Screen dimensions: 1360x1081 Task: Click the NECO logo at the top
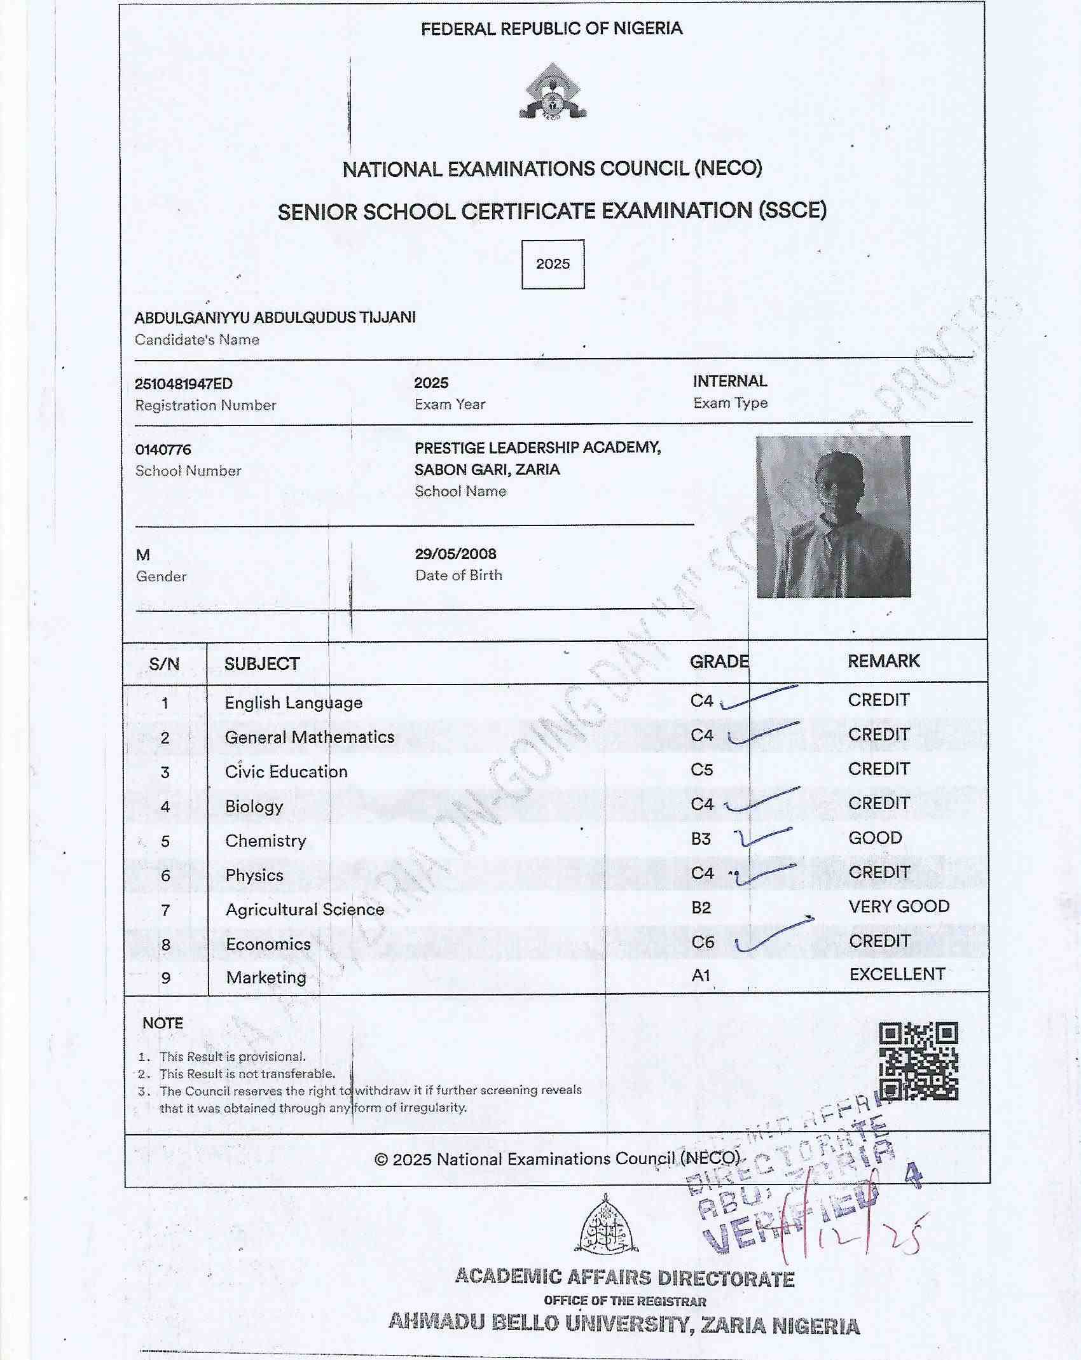pyautogui.click(x=552, y=92)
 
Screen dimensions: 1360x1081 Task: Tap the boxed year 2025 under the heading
pyautogui.click(x=553, y=264)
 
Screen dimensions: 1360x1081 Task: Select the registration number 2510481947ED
pyautogui.click(x=184, y=384)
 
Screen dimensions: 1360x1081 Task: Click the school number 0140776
pyautogui.click(x=163, y=450)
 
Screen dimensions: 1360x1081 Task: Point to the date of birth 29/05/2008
pyautogui.click(x=455, y=553)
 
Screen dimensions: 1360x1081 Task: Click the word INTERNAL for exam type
pyautogui.click(x=730, y=381)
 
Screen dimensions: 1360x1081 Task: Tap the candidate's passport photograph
pyautogui.click(x=833, y=517)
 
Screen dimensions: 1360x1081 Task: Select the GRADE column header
pyautogui.click(x=719, y=662)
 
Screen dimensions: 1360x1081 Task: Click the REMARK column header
pyautogui.click(x=883, y=661)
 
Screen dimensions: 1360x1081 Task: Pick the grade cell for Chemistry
pyautogui.click(x=701, y=839)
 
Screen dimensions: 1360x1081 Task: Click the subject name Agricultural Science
pyautogui.click(x=305, y=910)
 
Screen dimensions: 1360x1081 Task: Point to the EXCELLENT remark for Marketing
pyautogui.click(x=897, y=975)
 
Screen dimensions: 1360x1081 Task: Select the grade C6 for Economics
pyautogui.click(x=703, y=941)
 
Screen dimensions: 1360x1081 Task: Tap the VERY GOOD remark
pyautogui.click(x=899, y=906)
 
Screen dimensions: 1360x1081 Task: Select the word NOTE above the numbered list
pyautogui.click(x=163, y=1023)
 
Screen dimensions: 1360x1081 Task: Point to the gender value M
pyautogui.click(x=143, y=555)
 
